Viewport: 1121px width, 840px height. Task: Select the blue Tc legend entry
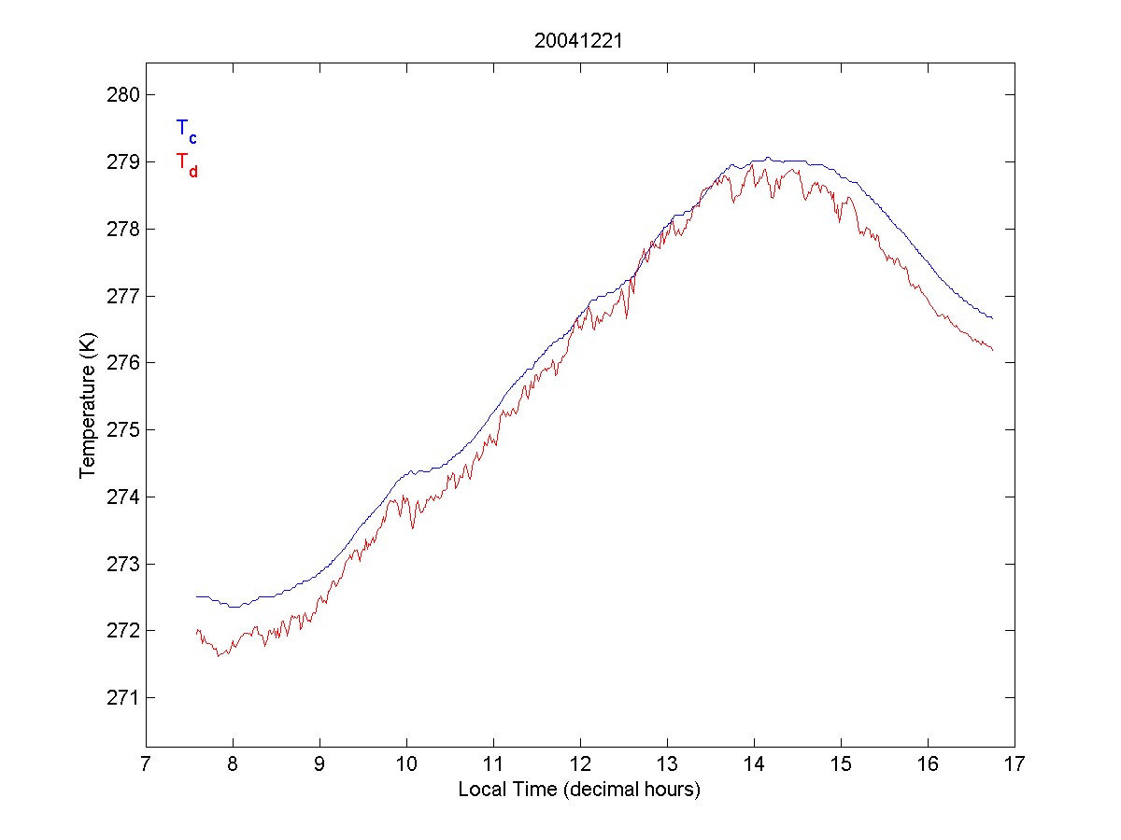(x=186, y=131)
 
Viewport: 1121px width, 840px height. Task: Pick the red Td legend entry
(x=186, y=163)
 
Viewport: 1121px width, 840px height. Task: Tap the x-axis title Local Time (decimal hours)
(x=579, y=790)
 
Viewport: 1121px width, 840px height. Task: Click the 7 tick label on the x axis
(x=146, y=764)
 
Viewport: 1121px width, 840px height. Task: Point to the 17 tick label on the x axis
(x=1015, y=764)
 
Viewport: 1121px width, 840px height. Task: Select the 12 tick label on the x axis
(x=580, y=764)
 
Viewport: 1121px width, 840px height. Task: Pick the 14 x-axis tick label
(x=754, y=764)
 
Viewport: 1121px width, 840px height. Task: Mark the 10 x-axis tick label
(x=406, y=764)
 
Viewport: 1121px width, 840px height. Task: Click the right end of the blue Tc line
(x=992, y=318)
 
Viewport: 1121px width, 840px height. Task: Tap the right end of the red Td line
(x=992, y=350)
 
